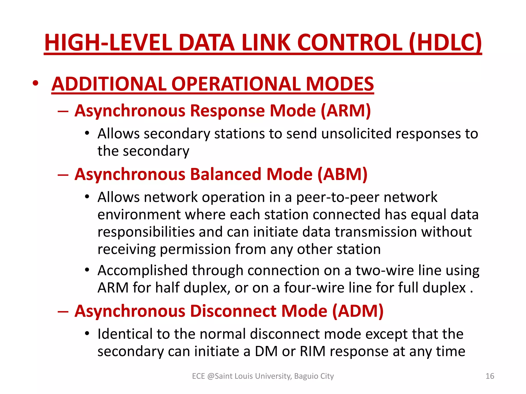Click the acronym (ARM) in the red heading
coord(346,111)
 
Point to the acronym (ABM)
coord(342,174)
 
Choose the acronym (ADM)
coord(358,311)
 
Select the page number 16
coord(490,376)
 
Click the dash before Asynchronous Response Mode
coord(63,111)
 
